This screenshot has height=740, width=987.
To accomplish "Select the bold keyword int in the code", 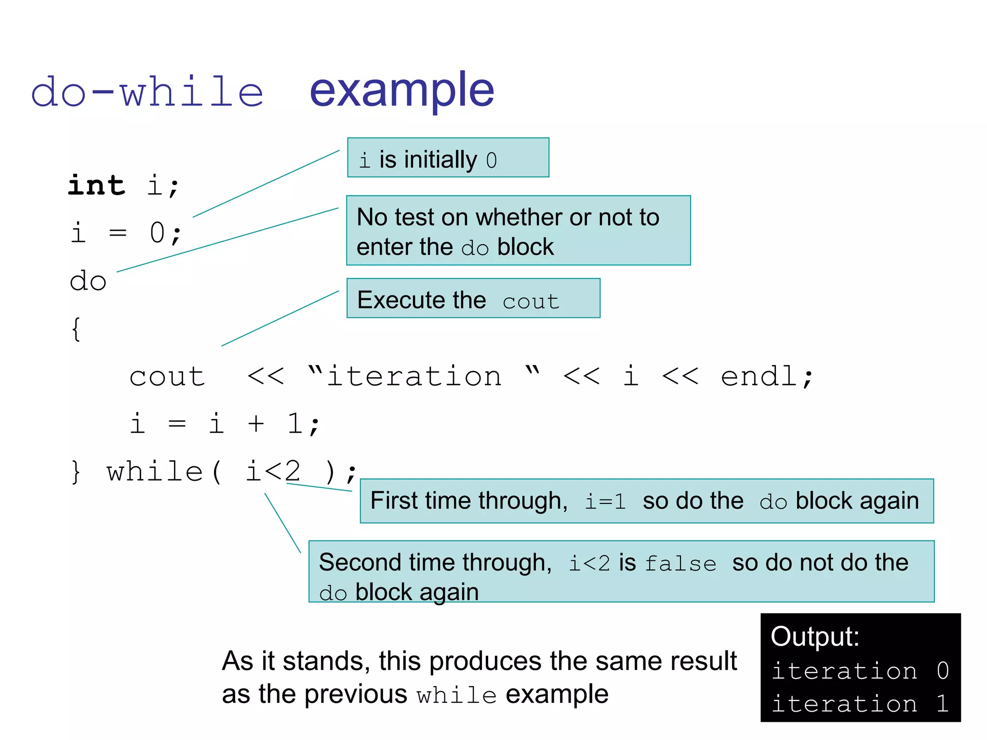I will point(96,185).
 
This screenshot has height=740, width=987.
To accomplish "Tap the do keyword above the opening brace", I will point(88,281).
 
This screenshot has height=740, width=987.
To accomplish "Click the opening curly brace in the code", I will point(76,330).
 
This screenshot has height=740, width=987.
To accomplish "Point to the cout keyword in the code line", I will point(167,376).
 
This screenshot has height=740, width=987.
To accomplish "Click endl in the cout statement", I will point(760,376).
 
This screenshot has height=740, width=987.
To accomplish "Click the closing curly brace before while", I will point(76,472).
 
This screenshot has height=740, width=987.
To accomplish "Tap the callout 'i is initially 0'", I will point(448,158).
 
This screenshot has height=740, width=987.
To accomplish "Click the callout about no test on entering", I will point(518,231).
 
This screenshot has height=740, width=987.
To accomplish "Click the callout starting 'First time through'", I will point(646,501).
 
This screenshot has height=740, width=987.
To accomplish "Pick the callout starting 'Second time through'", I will point(621,572).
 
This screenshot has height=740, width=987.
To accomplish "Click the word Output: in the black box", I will point(815,636).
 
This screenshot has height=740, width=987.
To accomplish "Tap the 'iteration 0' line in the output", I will point(860,671).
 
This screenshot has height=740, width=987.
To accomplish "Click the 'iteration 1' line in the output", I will point(860,704).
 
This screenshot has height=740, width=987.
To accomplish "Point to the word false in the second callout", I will point(680,564).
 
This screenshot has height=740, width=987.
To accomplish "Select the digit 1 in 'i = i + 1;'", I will point(294,424).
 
